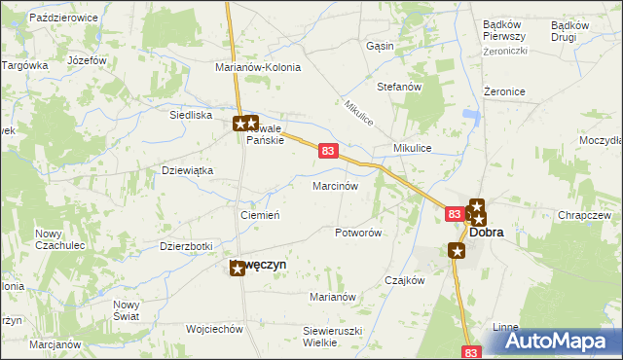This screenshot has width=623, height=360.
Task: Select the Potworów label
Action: pyautogui.click(x=357, y=234)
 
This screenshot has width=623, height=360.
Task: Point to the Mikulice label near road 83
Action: pyautogui.click(x=412, y=147)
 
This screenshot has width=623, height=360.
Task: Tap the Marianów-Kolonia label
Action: pyautogui.click(x=258, y=68)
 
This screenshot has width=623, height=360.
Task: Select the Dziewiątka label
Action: pyautogui.click(x=186, y=170)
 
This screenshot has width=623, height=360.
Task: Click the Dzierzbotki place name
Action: pyautogui.click(x=185, y=246)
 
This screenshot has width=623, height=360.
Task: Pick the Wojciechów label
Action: pyautogui.click(x=213, y=329)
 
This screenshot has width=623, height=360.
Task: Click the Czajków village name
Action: pyautogui.click(x=405, y=280)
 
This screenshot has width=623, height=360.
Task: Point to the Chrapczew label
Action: pyautogui.click(x=584, y=215)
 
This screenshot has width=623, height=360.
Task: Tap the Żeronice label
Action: pyautogui.click(x=504, y=91)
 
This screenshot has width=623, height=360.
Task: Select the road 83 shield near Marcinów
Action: pyautogui.click(x=328, y=152)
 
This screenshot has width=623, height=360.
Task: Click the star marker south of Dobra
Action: pyautogui.click(x=458, y=251)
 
